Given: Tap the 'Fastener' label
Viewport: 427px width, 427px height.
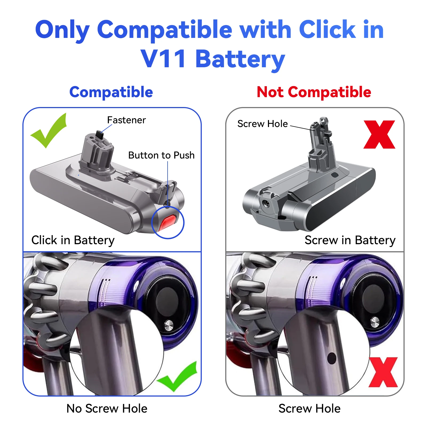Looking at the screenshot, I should [126, 120].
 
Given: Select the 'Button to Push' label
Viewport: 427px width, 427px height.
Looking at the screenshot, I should [161, 155].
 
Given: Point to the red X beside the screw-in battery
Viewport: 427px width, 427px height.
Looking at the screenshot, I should [379, 135].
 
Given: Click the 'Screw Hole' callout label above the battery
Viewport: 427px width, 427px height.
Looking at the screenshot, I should [262, 124].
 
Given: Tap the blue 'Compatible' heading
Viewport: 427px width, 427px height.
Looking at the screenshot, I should [111, 92].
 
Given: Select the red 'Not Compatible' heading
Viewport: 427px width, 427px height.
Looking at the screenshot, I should [314, 92].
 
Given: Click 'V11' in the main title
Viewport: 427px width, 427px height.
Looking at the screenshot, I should [163, 59].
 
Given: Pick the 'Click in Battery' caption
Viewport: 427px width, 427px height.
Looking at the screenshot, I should [73, 240].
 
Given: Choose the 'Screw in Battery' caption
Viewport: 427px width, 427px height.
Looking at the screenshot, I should [350, 240].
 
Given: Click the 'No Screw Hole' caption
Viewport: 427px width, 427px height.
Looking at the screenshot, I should [107, 409].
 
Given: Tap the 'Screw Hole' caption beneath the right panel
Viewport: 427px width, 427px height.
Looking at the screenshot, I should [309, 409].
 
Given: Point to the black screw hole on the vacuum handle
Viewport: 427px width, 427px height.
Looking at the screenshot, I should [331, 358].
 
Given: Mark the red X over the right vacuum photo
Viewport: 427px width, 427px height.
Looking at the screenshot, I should [383, 372].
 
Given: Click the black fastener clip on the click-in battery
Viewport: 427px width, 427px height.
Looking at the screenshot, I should [100, 134].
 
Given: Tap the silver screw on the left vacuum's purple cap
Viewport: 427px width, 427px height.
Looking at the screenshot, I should [169, 325].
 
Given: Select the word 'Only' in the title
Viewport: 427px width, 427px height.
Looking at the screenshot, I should [62, 30].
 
